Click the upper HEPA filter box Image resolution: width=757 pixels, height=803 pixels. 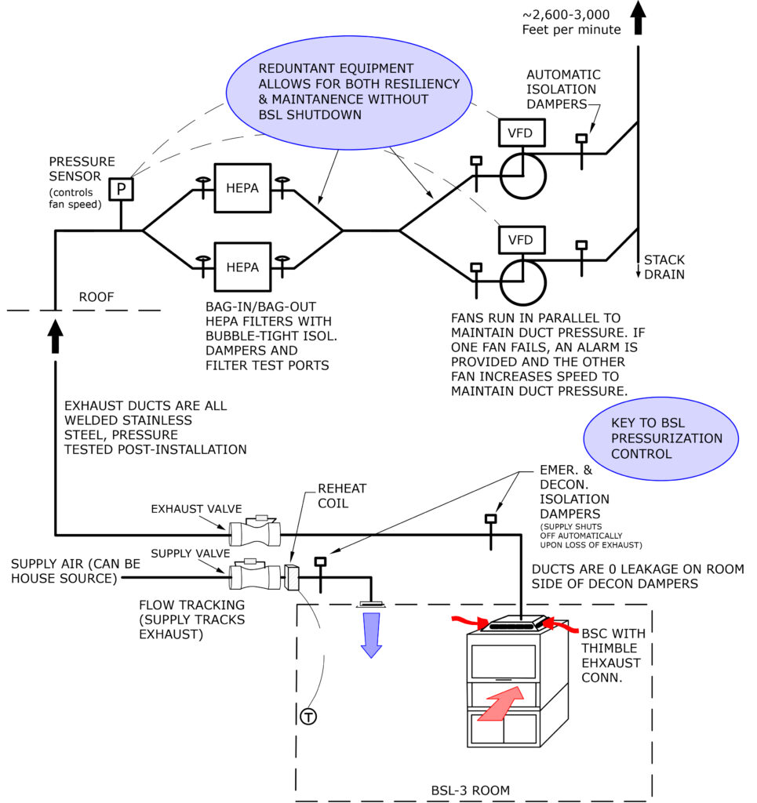[x=242, y=189]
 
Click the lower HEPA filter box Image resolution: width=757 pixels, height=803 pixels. [x=242, y=267]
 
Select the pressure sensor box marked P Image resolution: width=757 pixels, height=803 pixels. [x=121, y=189]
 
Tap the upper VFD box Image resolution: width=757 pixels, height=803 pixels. [x=520, y=133]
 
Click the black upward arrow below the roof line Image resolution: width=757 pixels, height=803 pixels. [x=55, y=336]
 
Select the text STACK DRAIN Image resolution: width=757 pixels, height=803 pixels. [x=664, y=267]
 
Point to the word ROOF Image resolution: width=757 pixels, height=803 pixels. [x=96, y=297]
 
